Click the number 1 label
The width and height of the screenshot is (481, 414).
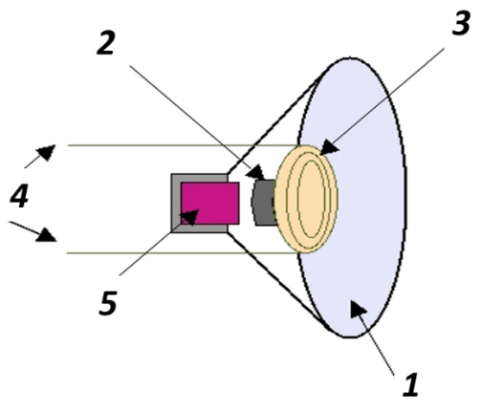[x=410, y=384]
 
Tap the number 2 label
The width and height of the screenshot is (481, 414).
[x=106, y=43]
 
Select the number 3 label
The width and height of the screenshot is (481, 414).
[x=462, y=22]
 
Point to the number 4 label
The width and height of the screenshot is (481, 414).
[x=20, y=196]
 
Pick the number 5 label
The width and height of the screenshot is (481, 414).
[x=108, y=303]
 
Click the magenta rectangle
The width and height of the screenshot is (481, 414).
[x=210, y=203]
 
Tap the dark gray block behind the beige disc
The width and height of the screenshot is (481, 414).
[x=264, y=203]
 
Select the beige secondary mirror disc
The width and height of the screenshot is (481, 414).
[x=306, y=199]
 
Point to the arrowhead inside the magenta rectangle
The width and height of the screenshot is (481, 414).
[x=189, y=217]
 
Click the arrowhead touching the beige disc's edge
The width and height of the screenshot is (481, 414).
[x=329, y=147]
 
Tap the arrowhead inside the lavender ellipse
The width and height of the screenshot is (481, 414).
[x=358, y=309]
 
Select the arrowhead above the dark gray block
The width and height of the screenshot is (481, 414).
[x=256, y=173]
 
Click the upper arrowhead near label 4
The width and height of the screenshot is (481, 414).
[x=46, y=152]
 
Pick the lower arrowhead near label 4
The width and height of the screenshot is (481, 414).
[x=47, y=235]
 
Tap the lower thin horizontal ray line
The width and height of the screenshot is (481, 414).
[x=183, y=253]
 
